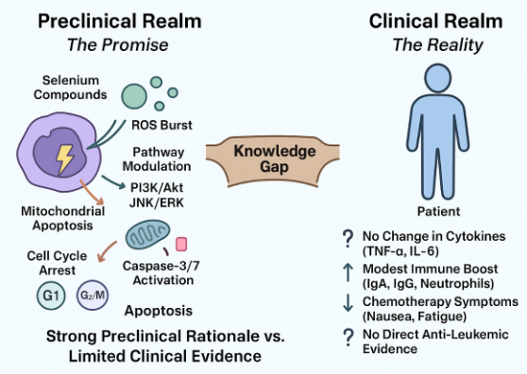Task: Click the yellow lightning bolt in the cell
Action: [x=64, y=160]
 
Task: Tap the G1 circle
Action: [x=51, y=296]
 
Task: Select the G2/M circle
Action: [x=93, y=295]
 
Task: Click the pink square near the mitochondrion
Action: [x=181, y=245]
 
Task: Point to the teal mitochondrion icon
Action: [x=147, y=235]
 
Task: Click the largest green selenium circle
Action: [x=134, y=96]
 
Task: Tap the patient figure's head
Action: [x=437, y=78]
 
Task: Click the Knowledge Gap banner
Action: [x=273, y=160]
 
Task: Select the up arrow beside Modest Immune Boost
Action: [x=348, y=273]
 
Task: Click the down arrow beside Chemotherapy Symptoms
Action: [x=348, y=303]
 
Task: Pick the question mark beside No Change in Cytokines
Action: [x=348, y=238]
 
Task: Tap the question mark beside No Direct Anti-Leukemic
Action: [x=348, y=337]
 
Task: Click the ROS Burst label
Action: [x=161, y=125]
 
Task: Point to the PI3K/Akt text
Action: [x=157, y=188]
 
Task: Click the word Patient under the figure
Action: [x=438, y=212]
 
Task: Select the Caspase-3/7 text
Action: [x=161, y=265]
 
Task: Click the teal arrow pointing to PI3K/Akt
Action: [x=113, y=182]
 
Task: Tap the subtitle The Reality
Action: [x=437, y=45]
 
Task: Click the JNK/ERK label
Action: [x=157, y=203]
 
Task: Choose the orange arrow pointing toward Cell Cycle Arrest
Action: [x=105, y=251]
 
